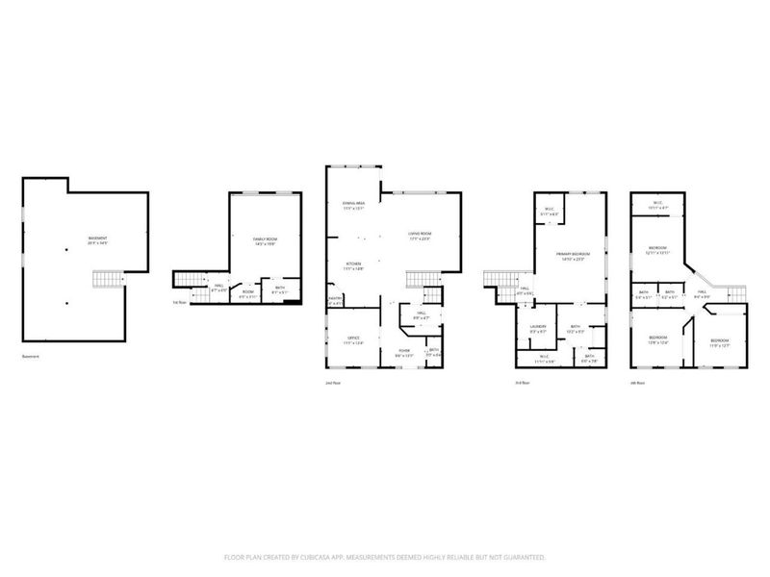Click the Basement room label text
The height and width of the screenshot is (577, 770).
(x=97, y=240)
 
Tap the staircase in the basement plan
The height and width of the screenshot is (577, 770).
(x=104, y=280)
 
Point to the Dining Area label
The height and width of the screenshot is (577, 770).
(x=353, y=205)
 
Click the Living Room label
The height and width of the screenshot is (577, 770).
(x=420, y=235)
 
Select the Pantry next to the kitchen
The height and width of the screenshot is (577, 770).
(x=336, y=301)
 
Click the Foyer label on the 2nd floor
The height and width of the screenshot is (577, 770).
(x=405, y=352)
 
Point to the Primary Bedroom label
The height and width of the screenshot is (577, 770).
(x=571, y=256)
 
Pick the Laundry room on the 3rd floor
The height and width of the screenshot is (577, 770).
(x=538, y=328)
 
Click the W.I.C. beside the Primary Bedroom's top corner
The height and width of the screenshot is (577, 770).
(x=549, y=212)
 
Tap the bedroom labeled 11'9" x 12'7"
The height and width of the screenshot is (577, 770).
(x=720, y=342)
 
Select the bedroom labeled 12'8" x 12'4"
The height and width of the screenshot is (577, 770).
(x=658, y=339)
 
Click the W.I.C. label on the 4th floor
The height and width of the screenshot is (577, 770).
(x=657, y=204)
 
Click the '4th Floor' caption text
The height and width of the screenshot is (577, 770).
(x=636, y=382)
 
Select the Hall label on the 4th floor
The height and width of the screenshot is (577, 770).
(x=703, y=293)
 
